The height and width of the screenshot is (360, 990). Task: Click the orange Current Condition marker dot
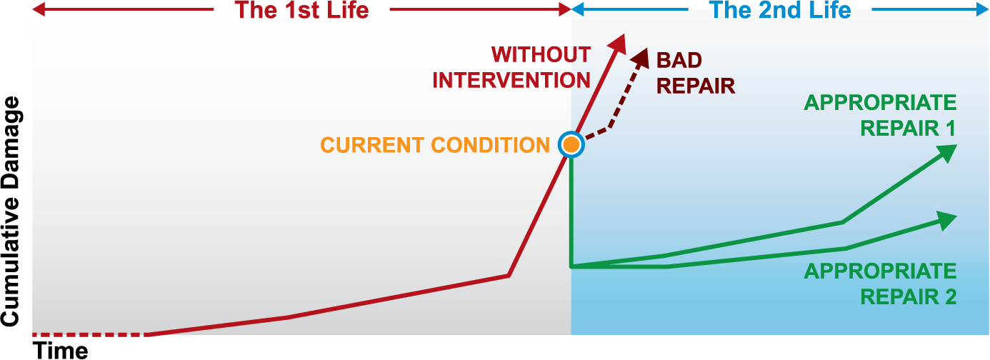(x=571, y=144)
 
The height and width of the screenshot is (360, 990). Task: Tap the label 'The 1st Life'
(x=301, y=10)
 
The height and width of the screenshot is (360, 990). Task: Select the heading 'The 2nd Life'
(x=780, y=10)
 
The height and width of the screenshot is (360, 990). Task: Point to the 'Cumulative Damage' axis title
(x=11, y=211)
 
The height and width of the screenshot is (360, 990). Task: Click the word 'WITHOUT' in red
(x=541, y=55)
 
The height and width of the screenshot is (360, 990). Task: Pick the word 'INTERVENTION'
(x=511, y=81)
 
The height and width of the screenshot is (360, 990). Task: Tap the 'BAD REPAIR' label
(x=696, y=73)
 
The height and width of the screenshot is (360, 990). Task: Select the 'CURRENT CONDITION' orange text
(x=435, y=145)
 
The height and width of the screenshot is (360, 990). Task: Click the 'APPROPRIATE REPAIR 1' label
(x=880, y=115)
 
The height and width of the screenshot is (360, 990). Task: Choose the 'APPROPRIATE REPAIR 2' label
(x=880, y=284)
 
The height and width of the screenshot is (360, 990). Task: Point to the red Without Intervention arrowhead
(x=618, y=43)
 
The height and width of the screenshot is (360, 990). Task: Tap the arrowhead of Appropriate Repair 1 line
(x=946, y=153)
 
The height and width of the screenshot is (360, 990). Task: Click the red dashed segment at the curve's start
(x=89, y=334)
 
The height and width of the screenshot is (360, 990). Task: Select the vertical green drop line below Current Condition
(x=571, y=211)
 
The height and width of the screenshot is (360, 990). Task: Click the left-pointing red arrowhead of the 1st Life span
(x=39, y=9)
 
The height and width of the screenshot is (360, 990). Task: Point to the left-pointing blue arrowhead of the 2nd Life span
(x=578, y=9)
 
